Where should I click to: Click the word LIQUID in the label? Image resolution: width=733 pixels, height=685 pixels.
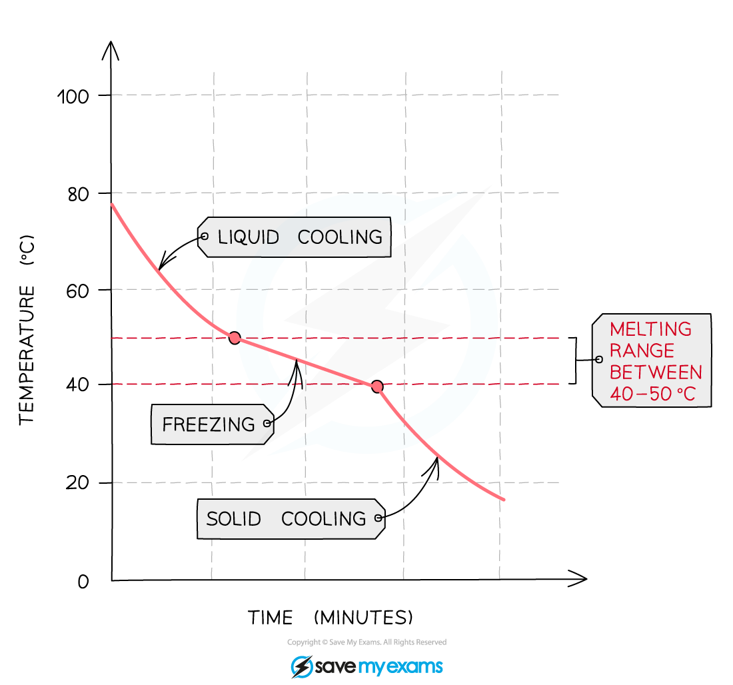(248, 237)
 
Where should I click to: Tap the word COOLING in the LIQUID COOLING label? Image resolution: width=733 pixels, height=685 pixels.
(340, 237)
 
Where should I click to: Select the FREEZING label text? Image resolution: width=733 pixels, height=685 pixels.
(209, 424)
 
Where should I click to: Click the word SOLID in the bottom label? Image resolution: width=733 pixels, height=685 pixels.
(233, 519)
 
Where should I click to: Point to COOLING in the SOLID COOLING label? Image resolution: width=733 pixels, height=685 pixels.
(323, 519)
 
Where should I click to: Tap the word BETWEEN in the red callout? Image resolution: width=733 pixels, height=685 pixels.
(656, 372)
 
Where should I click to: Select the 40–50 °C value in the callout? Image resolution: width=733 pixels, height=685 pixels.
(652, 394)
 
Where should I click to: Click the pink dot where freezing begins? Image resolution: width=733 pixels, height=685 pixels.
(235, 338)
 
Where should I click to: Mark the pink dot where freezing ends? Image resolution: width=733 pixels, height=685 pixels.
(377, 386)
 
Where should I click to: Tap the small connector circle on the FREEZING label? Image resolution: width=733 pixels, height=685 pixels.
(267, 423)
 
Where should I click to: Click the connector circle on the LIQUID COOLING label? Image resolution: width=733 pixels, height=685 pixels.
(204, 237)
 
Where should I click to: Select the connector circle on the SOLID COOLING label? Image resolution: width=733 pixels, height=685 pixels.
(378, 518)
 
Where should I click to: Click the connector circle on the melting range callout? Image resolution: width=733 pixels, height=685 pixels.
(598, 360)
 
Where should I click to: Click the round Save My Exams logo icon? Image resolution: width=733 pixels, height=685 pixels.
(301, 666)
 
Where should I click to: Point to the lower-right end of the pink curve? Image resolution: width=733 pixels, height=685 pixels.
(504, 498)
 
